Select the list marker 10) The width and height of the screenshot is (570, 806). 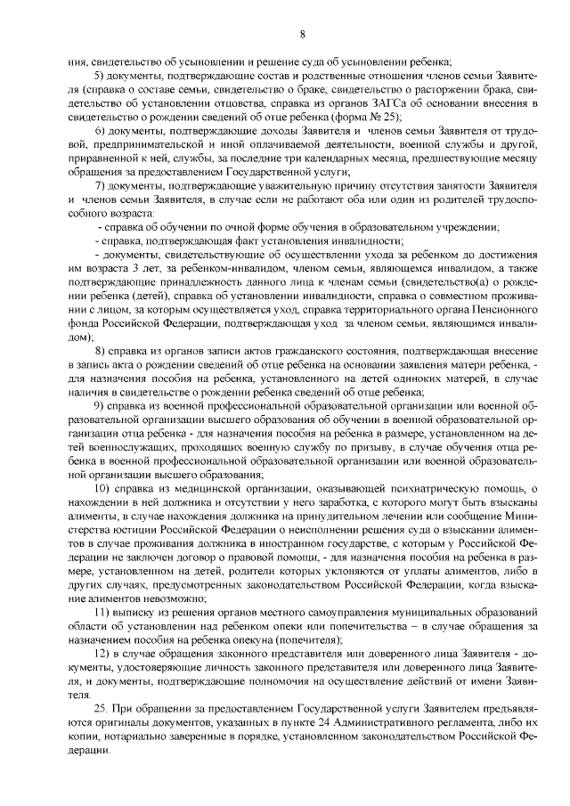103,488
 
